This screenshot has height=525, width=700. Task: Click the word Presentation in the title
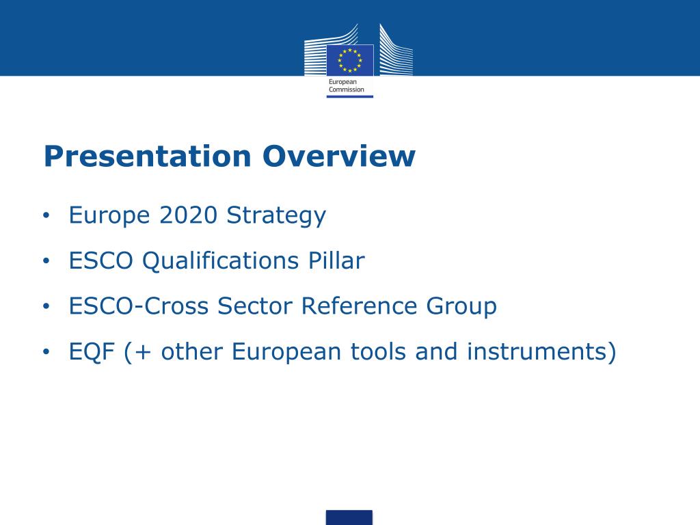[147, 157]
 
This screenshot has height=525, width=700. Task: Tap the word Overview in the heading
[339, 157]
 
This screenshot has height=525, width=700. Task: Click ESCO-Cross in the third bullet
[139, 306]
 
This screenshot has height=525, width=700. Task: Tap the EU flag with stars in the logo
[349, 59]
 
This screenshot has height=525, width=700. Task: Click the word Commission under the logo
[347, 90]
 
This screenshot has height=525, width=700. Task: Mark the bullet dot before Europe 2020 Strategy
[46, 216]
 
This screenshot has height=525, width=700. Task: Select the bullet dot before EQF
[46, 353]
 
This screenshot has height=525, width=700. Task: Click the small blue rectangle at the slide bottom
[349, 517]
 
